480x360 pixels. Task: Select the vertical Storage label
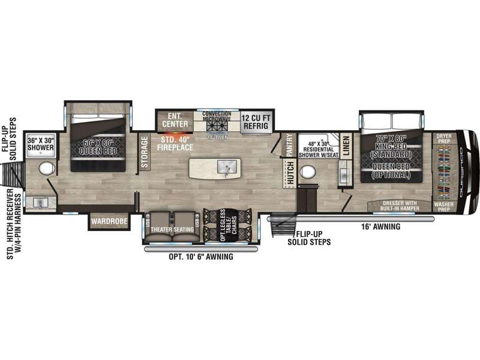click(x=144, y=148)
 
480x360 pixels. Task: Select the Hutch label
click(x=289, y=174)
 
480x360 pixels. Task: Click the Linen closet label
click(x=346, y=145)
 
